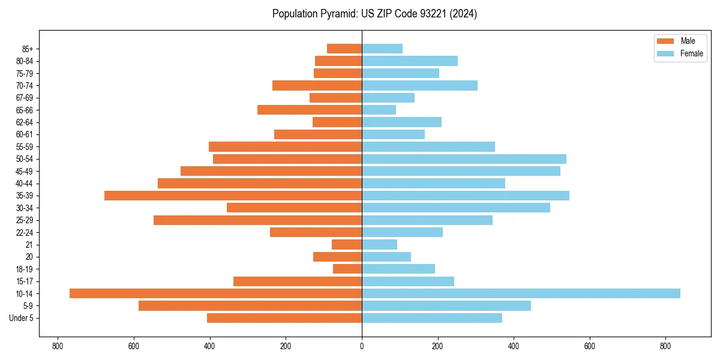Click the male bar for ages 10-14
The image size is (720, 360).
coord(215,293)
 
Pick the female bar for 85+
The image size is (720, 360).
coord(382,49)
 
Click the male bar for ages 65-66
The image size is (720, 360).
coord(310,110)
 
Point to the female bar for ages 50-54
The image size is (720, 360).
coord(464,159)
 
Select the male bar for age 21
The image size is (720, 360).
coord(347,245)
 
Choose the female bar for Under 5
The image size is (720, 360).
coord(432,318)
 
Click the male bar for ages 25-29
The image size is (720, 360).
coord(257,220)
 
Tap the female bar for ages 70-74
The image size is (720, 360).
coord(419,85)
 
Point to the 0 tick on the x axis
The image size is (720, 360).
coord(362,346)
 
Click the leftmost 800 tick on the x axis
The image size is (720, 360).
coord(58,346)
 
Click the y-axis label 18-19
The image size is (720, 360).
coord(25,269)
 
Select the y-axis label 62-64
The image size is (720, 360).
coord(25,122)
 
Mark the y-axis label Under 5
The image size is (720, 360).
coord(22,318)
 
